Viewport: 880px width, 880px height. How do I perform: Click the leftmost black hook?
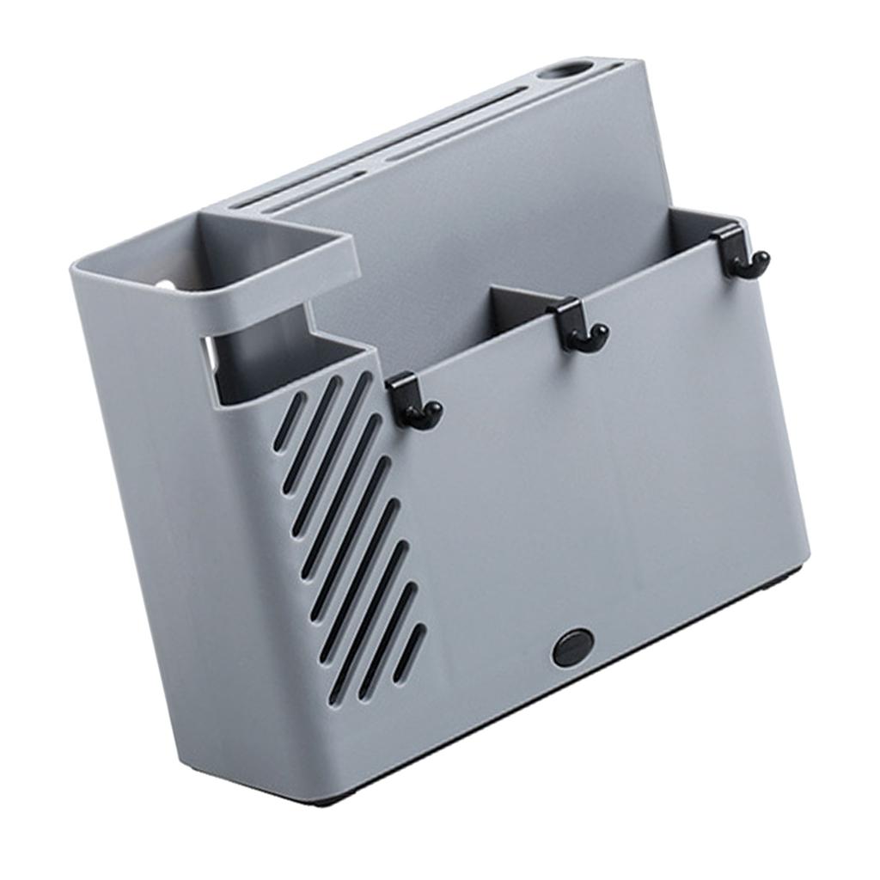pos(411,400)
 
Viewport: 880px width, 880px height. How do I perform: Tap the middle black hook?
pos(577,325)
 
